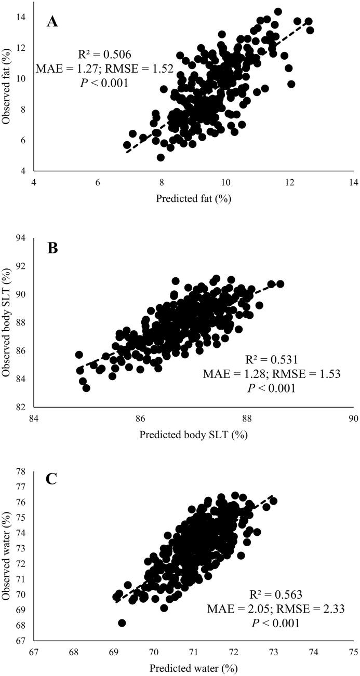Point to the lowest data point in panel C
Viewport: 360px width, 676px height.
[122, 623]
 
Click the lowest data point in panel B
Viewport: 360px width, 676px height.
[86, 388]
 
